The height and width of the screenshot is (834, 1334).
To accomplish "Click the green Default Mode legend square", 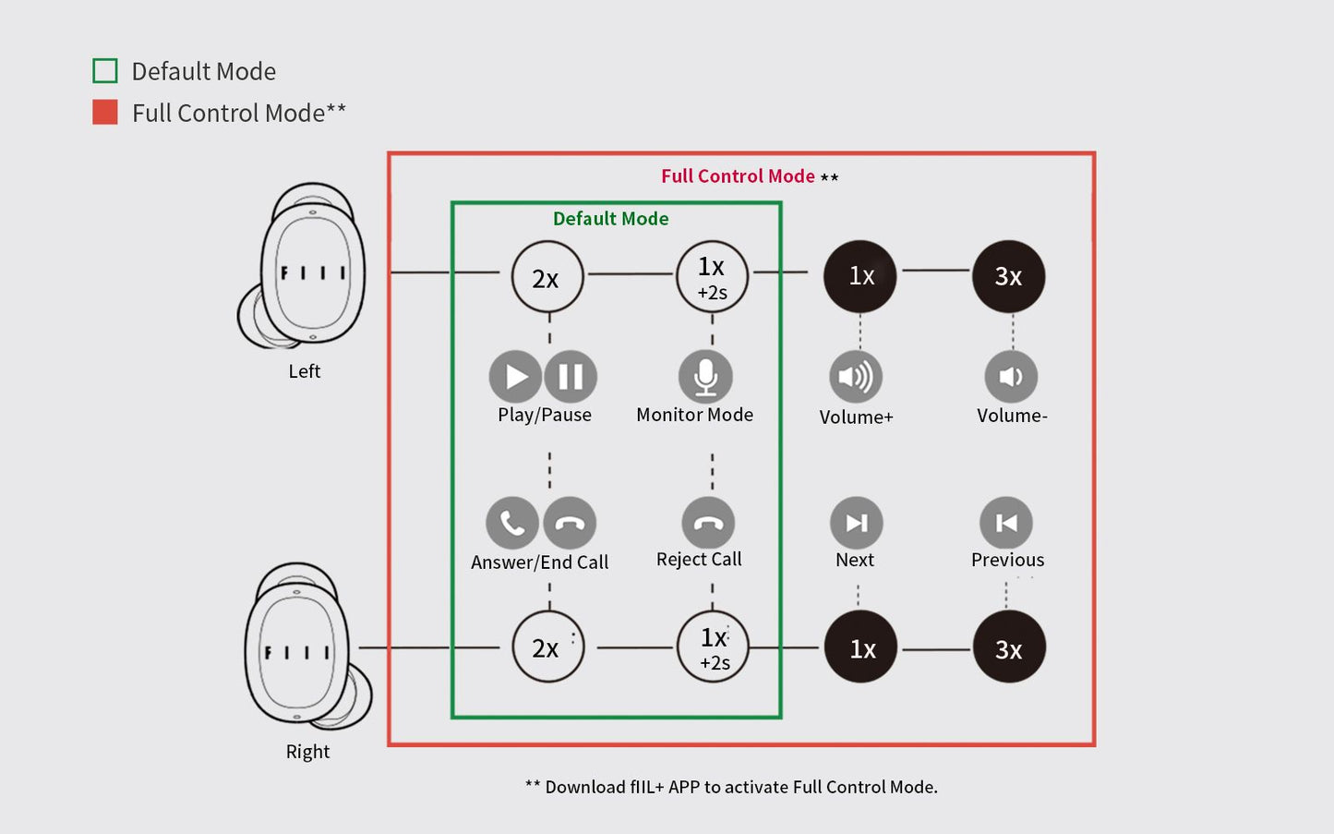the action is click(x=105, y=70).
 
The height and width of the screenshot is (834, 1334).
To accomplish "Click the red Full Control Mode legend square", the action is click(x=105, y=112).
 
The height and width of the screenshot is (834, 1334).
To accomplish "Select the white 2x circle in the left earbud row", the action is click(x=547, y=277).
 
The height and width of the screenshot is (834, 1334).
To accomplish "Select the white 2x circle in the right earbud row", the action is click(x=547, y=647).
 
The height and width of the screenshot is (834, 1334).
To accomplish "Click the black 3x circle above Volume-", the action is click(x=1008, y=276).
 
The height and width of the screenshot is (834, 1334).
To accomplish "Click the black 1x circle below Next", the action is click(x=860, y=647).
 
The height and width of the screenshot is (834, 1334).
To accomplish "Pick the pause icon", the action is click(x=571, y=377).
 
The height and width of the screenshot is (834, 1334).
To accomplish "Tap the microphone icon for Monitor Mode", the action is click(x=705, y=377).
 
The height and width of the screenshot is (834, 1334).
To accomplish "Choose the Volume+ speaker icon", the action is click(x=856, y=377).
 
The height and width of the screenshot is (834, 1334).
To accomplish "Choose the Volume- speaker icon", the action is click(x=1011, y=377).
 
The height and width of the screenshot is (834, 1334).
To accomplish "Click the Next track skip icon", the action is click(x=857, y=523).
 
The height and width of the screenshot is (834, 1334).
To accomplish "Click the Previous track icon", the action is click(x=1006, y=523).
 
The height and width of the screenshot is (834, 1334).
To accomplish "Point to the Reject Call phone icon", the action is click(x=708, y=523).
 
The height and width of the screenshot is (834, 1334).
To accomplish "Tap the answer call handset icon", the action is click(x=512, y=523).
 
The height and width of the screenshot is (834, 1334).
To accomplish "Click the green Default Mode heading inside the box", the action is click(x=610, y=219).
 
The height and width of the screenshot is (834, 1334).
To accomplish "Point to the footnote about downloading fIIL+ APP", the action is click(x=731, y=787).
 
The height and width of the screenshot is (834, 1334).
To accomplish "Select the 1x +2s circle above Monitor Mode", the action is click(x=713, y=277).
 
